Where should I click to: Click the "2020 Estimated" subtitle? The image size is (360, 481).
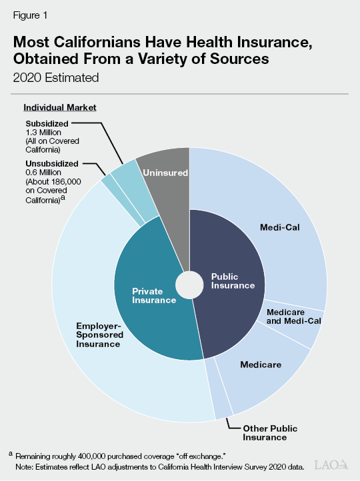point(56,77)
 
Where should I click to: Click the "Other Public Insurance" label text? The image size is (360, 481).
point(269,432)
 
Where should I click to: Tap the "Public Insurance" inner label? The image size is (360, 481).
point(233,280)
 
